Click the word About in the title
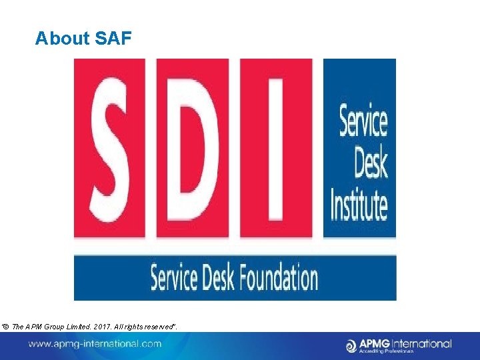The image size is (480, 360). [x=63, y=39]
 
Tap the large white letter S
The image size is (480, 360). [x=110, y=148]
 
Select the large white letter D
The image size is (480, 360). [x=193, y=148]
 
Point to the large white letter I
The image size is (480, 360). [x=276, y=148]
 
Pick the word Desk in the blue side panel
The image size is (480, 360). [x=371, y=163]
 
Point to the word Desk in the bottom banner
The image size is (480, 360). [x=217, y=277]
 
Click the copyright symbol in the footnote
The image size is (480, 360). [x=7, y=325]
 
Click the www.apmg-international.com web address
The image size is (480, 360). [x=94, y=344]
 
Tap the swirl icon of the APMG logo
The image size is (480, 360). [x=352, y=345]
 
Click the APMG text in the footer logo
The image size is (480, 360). [x=375, y=343]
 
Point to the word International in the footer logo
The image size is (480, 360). [x=421, y=343]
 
